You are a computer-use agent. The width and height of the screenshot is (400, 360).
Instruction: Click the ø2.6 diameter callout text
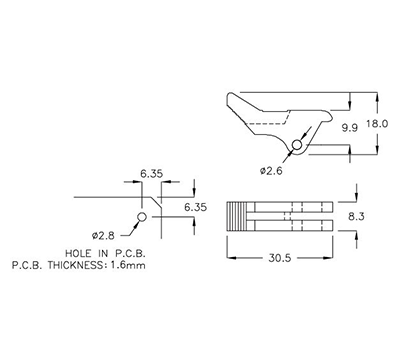pos(272,171)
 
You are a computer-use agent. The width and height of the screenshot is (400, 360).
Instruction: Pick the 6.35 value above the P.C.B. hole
pos(152,173)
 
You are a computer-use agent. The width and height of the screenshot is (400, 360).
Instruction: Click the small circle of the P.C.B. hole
pos(142,216)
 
